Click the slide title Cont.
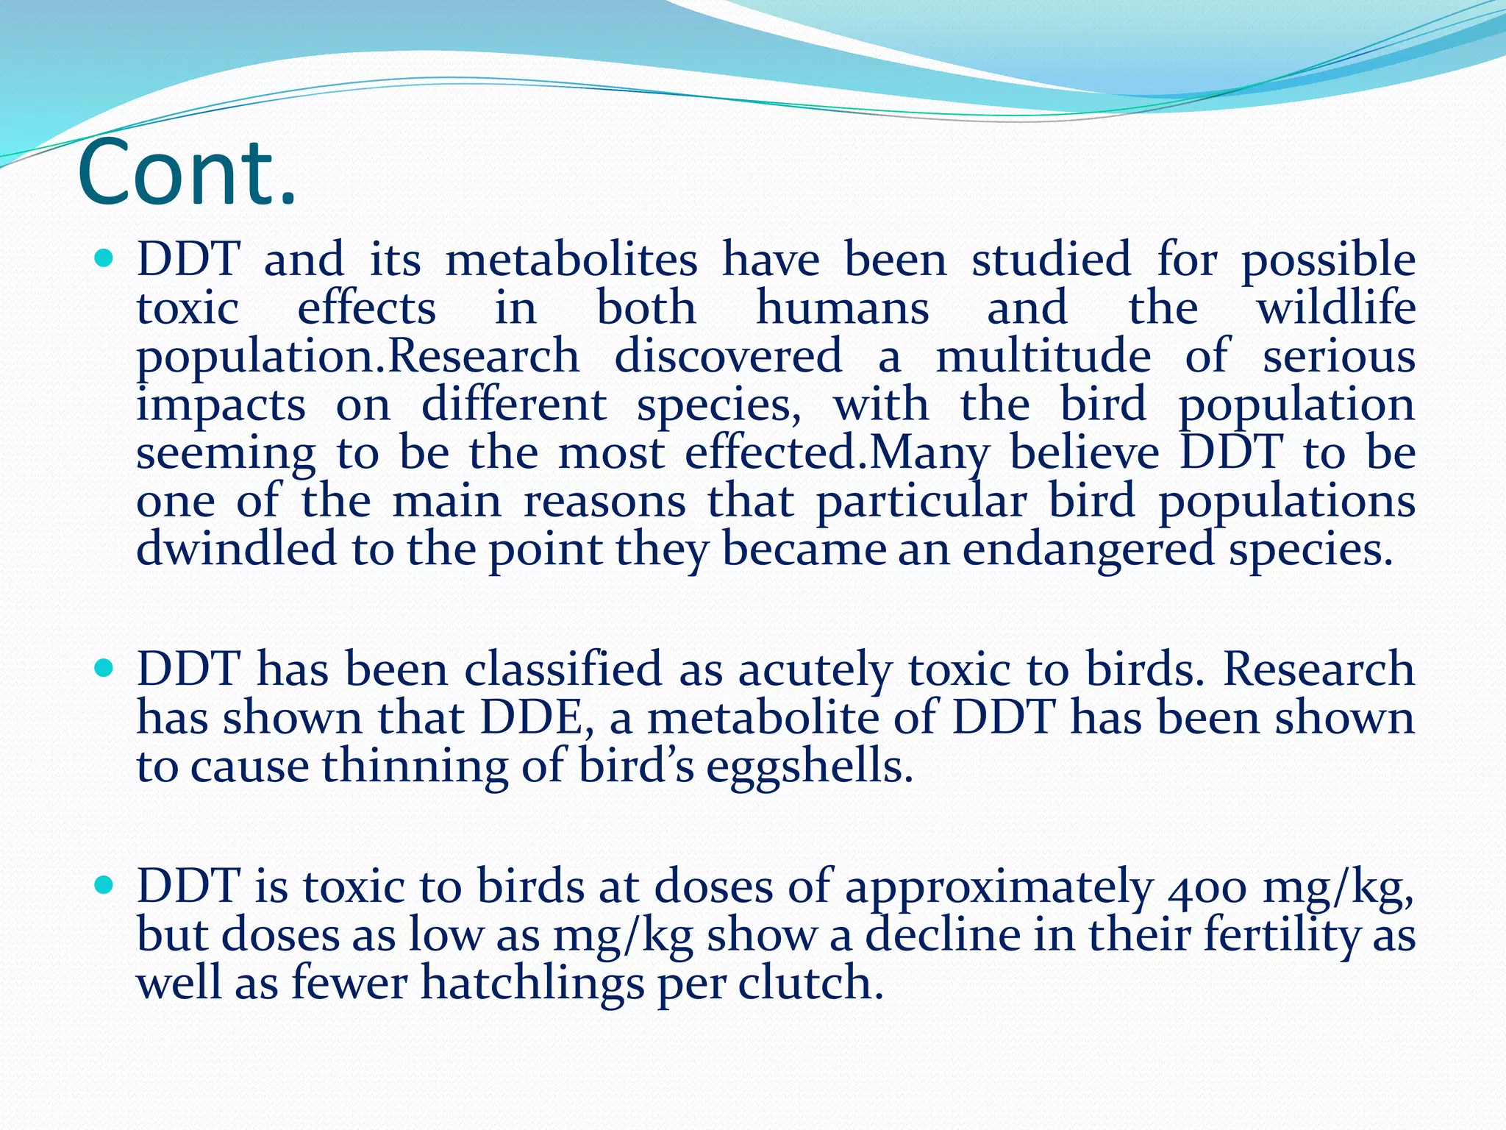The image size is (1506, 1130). click(x=187, y=173)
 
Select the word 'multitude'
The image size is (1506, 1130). click(x=1043, y=356)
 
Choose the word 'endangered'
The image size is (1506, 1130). click(x=1088, y=550)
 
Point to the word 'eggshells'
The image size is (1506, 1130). click(x=809, y=767)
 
